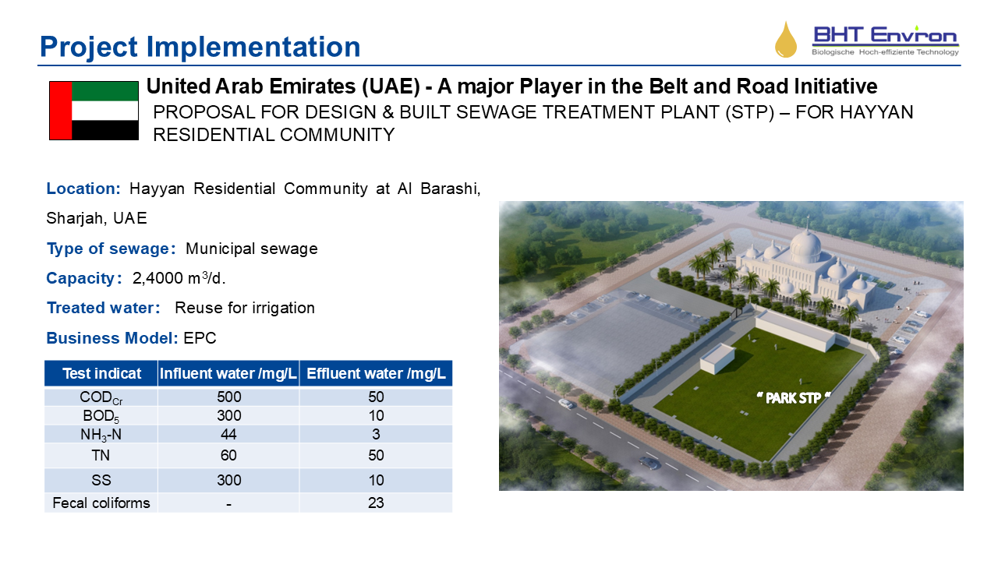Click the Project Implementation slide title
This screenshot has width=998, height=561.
tap(200, 47)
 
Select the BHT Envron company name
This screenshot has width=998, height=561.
tap(885, 35)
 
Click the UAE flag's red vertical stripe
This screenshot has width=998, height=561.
tap(61, 111)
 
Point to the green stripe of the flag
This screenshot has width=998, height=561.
tap(104, 91)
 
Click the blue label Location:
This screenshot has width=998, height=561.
tap(83, 189)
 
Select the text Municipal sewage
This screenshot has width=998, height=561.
tap(252, 249)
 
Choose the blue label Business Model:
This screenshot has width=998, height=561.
tap(112, 338)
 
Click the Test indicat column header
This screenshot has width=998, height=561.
tap(101, 373)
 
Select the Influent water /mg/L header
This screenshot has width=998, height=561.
tap(228, 373)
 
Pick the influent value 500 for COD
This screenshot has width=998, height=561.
tap(229, 397)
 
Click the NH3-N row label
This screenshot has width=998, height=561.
tap(101, 435)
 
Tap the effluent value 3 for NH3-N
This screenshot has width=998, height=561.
tap(376, 434)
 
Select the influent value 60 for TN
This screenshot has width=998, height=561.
tap(228, 456)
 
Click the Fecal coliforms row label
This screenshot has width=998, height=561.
tap(101, 503)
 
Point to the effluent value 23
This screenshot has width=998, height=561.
tap(376, 503)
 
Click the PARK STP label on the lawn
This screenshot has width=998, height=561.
tap(794, 397)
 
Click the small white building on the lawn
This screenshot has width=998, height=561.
tap(717, 358)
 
